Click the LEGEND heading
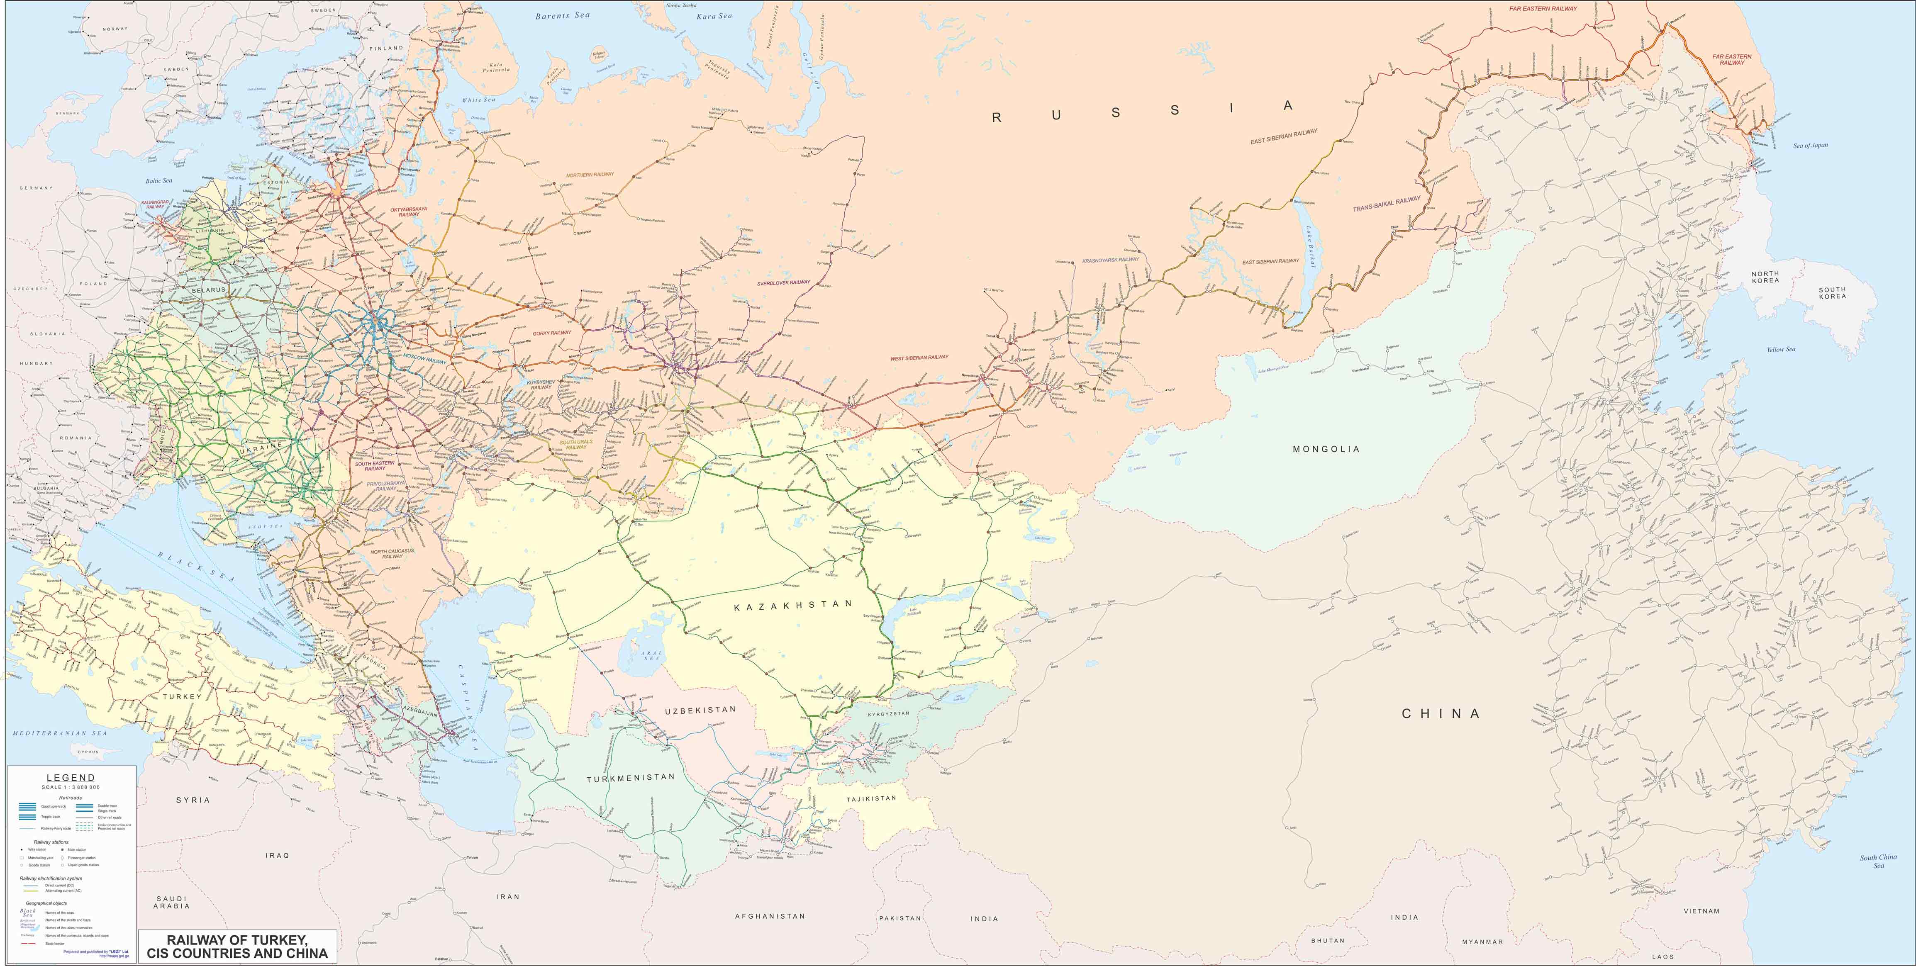[x=71, y=778]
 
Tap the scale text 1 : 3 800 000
[x=71, y=787]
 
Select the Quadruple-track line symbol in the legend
[x=27, y=806]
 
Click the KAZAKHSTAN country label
[x=793, y=605]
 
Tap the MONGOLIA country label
[x=1326, y=449]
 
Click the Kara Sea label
[x=714, y=16]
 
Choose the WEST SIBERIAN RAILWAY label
[x=919, y=358]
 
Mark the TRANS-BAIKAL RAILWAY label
[x=1387, y=204]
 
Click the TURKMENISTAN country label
[x=631, y=778]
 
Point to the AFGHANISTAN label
[x=770, y=916]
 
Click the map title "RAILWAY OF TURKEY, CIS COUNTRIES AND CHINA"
[x=237, y=947]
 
